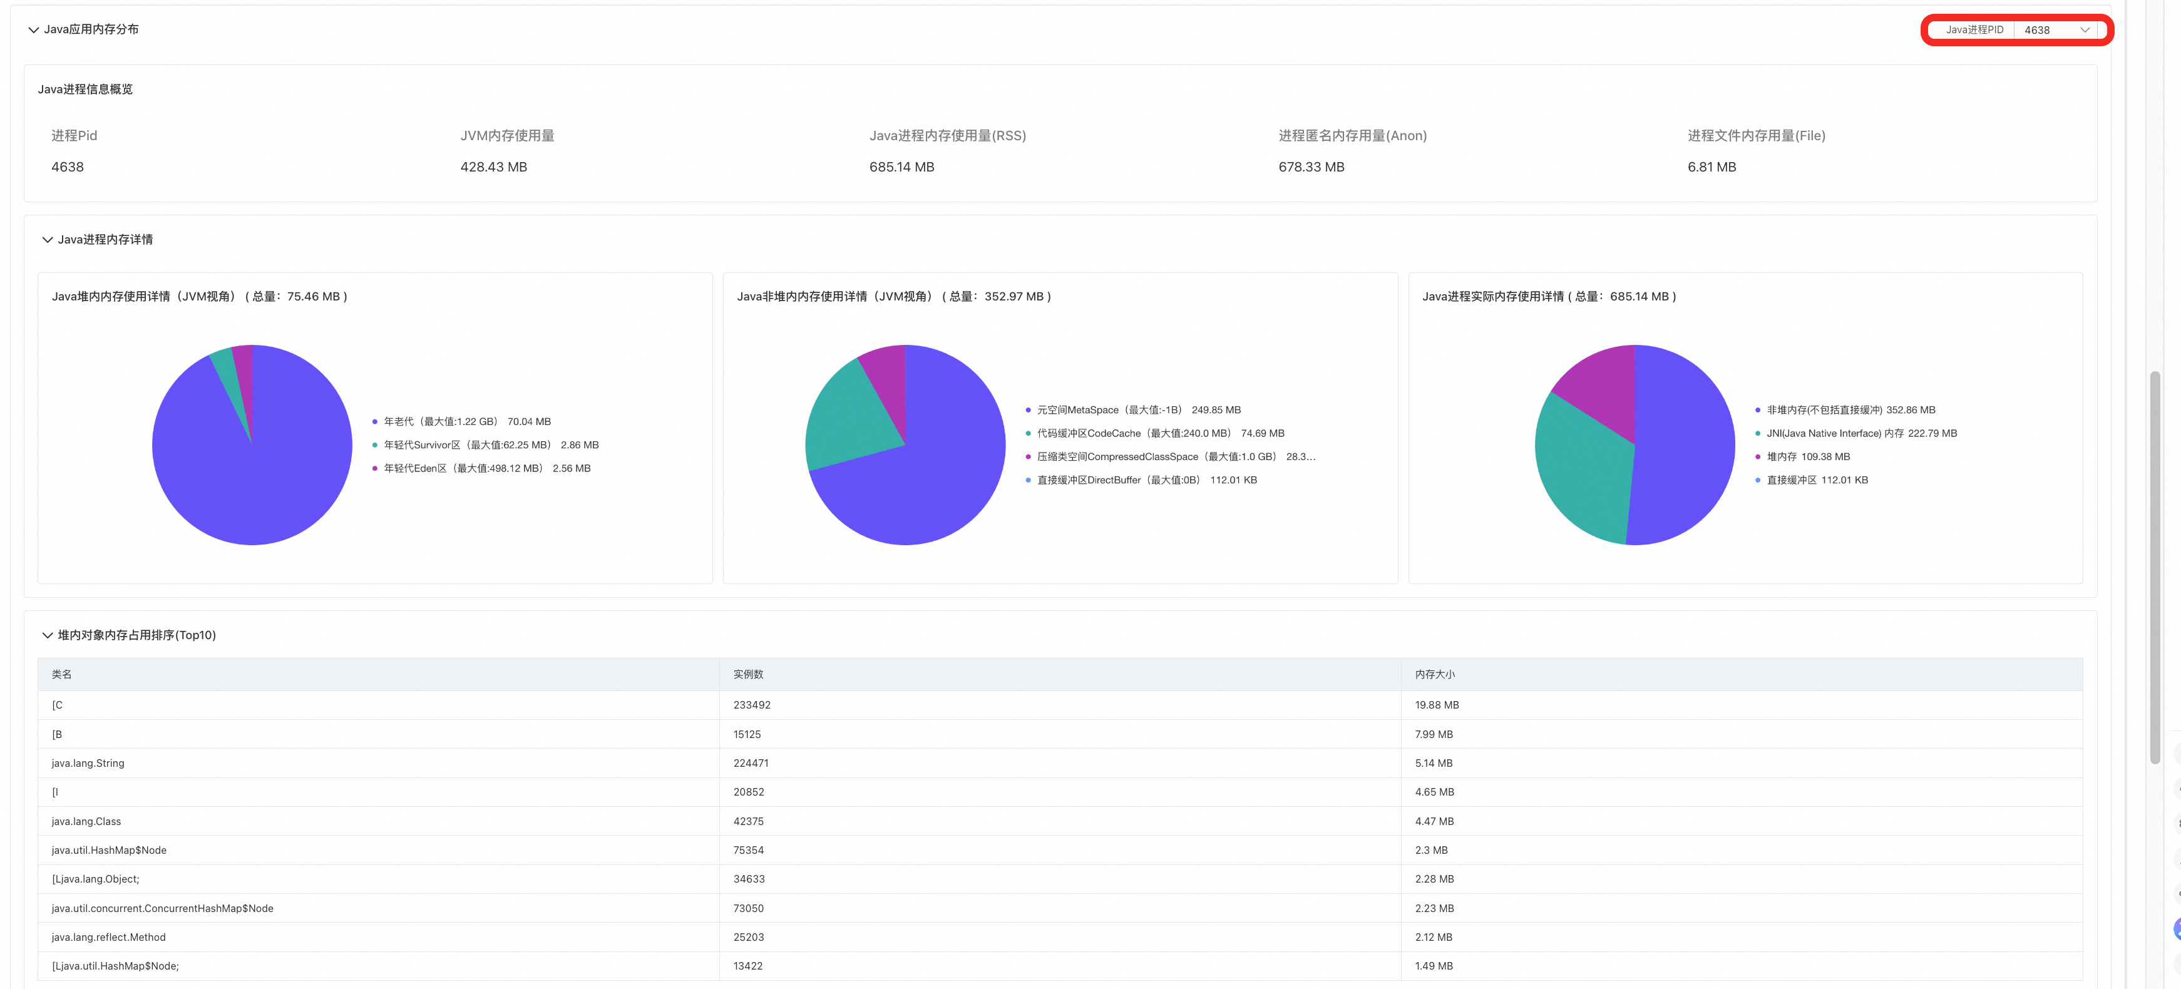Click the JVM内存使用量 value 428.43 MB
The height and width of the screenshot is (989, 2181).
(x=493, y=167)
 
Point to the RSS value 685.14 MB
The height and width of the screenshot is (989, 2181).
(x=901, y=167)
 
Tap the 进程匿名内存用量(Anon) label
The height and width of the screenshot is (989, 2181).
(x=1352, y=135)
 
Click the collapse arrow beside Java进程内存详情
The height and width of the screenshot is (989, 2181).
(x=48, y=240)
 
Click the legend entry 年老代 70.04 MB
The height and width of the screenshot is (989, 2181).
(x=461, y=422)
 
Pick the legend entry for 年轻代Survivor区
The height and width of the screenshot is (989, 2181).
(x=485, y=444)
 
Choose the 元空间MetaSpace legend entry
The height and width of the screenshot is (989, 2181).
(x=1133, y=410)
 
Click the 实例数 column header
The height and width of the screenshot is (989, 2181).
(x=749, y=675)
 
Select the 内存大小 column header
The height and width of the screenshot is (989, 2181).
(x=1434, y=675)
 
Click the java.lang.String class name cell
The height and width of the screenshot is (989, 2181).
(x=88, y=763)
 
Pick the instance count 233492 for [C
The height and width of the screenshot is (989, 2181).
(x=752, y=704)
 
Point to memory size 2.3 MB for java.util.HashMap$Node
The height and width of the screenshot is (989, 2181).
(x=1431, y=850)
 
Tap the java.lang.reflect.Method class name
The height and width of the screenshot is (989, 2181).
(x=108, y=937)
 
